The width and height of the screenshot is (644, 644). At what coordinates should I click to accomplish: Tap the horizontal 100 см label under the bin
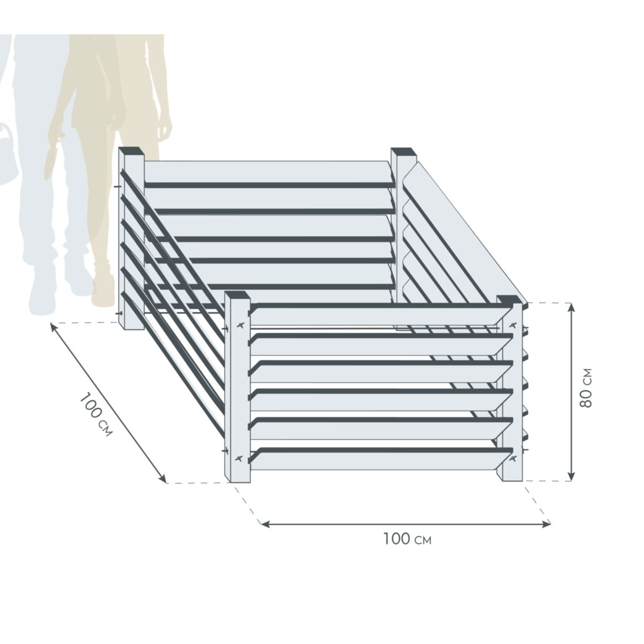pyautogui.click(x=407, y=539)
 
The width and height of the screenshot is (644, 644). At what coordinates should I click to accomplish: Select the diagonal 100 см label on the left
pyautogui.click(x=97, y=414)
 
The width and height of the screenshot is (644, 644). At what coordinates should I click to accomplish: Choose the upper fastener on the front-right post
pyautogui.click(x=514, y=325)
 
